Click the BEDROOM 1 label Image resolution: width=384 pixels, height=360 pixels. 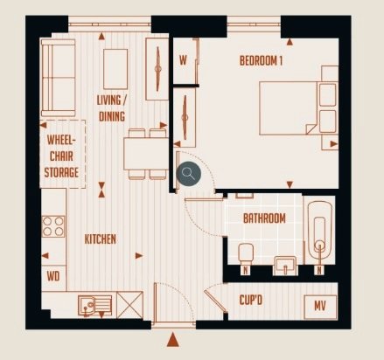261,61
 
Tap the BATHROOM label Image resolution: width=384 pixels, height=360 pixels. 264,218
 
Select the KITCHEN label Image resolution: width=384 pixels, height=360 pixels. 101,239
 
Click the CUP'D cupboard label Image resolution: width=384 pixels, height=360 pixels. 251,300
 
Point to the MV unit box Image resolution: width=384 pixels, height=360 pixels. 320,308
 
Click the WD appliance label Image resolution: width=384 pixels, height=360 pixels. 53,276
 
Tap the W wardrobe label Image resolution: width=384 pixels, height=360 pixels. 183,60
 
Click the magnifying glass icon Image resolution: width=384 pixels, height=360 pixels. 189,174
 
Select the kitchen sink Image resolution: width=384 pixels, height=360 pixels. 94,306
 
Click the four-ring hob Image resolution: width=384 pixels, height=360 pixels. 53,226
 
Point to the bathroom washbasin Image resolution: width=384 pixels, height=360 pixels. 285,266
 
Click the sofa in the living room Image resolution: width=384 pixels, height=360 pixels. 59,78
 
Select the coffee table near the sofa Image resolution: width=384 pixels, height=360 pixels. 115,69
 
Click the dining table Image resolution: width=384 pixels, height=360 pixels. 146,154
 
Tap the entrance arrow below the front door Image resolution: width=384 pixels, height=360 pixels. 172,340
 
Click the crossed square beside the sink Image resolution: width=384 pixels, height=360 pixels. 129,305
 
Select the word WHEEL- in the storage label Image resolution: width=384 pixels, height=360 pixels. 61,140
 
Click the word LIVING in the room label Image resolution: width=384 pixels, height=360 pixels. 108,100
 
